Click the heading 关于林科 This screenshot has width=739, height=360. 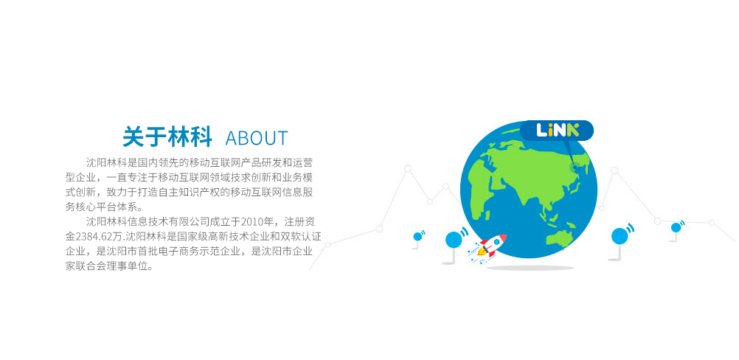point(167,137)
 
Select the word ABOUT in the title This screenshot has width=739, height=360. point(257,138)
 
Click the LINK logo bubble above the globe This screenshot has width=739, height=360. point(557,130)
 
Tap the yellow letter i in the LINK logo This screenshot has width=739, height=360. point(549,130)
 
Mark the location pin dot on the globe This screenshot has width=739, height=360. point(575,167)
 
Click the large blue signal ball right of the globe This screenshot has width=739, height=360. point(620,235)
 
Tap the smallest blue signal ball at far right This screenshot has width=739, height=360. point(676,228)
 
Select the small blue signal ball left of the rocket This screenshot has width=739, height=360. point(417,236)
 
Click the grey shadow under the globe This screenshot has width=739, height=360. point(530,268)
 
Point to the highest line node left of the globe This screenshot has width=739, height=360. point(408,168)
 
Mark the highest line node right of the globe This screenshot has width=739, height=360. point(614,170)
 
